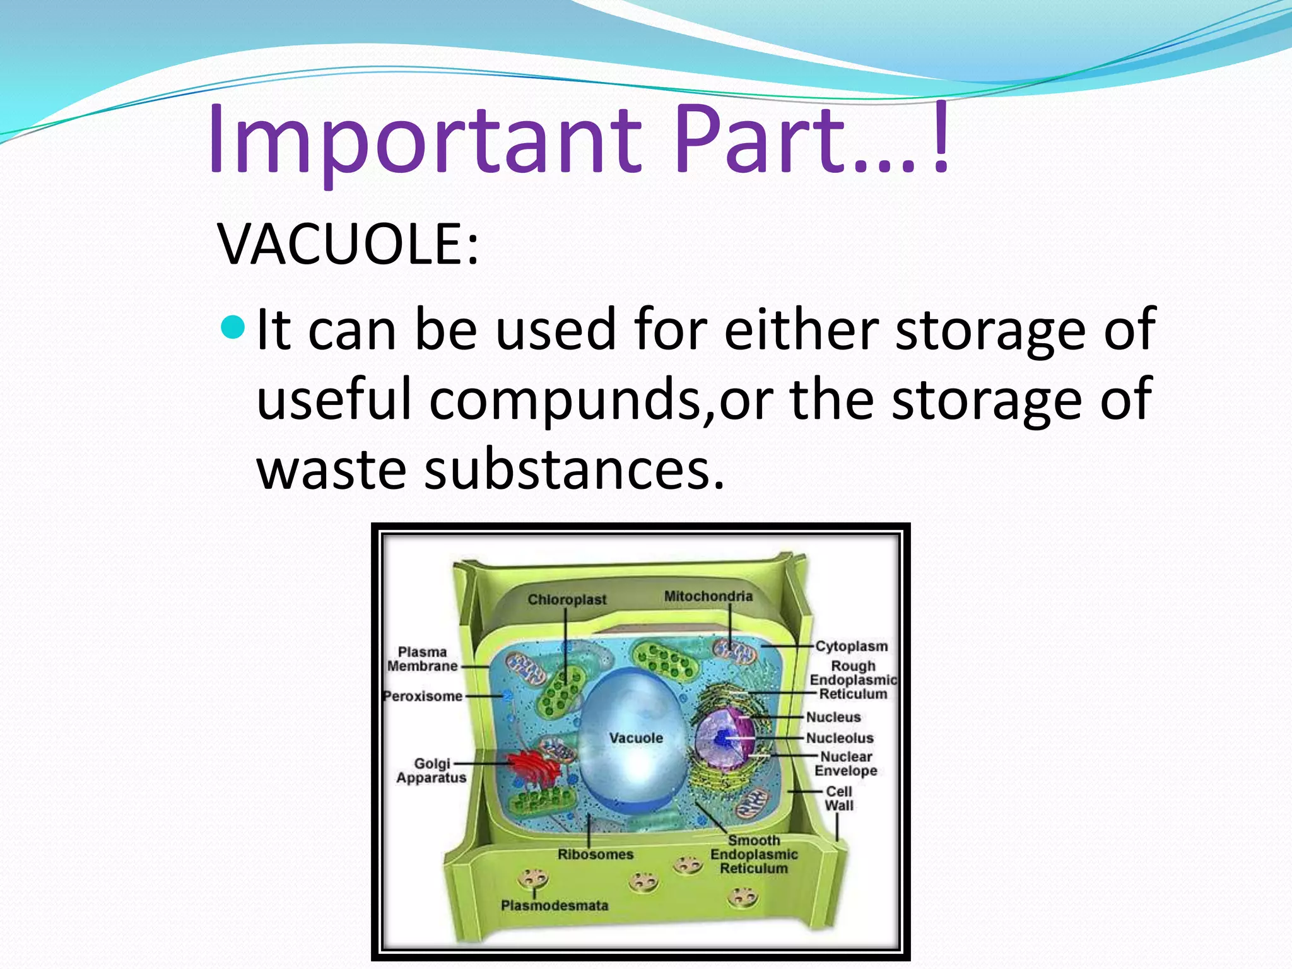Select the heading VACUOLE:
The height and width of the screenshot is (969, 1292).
348,244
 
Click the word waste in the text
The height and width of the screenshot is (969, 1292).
331,469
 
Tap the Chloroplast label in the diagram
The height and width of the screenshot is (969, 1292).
567,599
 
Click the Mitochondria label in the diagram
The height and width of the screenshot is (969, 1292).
708,596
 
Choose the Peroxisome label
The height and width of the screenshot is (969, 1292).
423,696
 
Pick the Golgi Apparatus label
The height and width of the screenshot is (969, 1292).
432,770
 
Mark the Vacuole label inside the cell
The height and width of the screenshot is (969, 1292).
636,737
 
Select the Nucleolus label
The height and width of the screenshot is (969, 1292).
840,738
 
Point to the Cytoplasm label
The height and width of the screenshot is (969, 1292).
851,646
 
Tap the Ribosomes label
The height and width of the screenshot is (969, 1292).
595,854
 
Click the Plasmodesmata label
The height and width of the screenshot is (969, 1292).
555,905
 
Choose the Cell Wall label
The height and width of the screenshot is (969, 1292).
839,798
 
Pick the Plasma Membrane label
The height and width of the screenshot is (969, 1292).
422,659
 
